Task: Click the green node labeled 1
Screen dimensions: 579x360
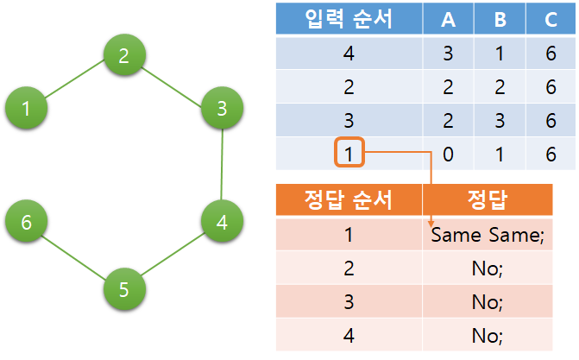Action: pyautogui.click(x=27, y=108)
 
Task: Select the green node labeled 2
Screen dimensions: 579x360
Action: pyautogui.click(x=124, y=57)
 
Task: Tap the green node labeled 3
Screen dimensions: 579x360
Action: pyautogui.click(x=222, y=108)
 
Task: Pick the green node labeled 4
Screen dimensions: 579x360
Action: pyautogui.click(x=222, y=222)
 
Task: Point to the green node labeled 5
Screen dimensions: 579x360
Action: pyautogui.click(x=124, y=289)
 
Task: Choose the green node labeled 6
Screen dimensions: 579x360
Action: pyautogui.click(x=27, y=222)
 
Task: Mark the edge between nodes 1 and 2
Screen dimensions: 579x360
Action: pyautogui.click(x=75, y=82)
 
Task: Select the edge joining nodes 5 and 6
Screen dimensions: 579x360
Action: pyautogui.click(x=75, y=256)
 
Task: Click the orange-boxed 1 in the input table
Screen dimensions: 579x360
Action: pyautogui.click(x=349, y=155)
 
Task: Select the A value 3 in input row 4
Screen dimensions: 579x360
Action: pyautogui.click(x=448, y=54)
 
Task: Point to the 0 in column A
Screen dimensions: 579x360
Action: pyautogui.click(x=448, y=155)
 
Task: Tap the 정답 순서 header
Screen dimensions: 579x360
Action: pyautogui.click(x=349, y=201)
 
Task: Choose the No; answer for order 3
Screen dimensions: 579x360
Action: pyautogui.click(x=488, y=302)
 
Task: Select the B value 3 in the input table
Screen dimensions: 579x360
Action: pyautogui.click(x=500, y=121)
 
